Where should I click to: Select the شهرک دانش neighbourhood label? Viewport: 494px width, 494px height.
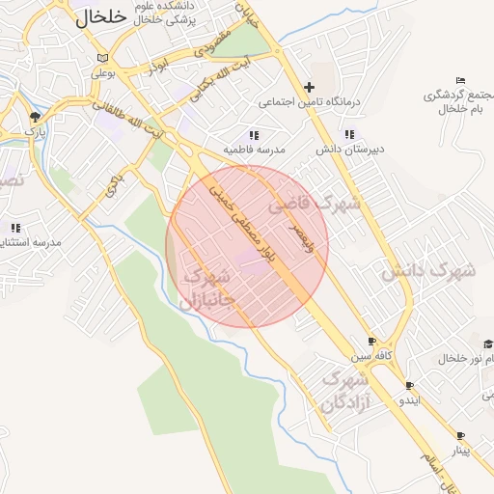[x=428, y=272]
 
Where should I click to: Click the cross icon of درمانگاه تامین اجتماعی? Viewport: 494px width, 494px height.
[x=309, y=87]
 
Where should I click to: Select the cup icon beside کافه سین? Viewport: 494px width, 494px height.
[x=372, y=343]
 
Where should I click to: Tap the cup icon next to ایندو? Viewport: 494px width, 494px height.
[x=409, y=385]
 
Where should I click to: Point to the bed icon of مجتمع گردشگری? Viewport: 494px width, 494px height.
[x=461, y=80]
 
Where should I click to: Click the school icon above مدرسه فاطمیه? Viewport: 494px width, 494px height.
[x=254, y=136]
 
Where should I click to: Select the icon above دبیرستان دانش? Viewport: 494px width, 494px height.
[x=349, y=135]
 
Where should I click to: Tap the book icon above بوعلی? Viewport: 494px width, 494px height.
[x=103, y=58]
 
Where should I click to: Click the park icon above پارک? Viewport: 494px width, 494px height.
[x=36, y=117]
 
